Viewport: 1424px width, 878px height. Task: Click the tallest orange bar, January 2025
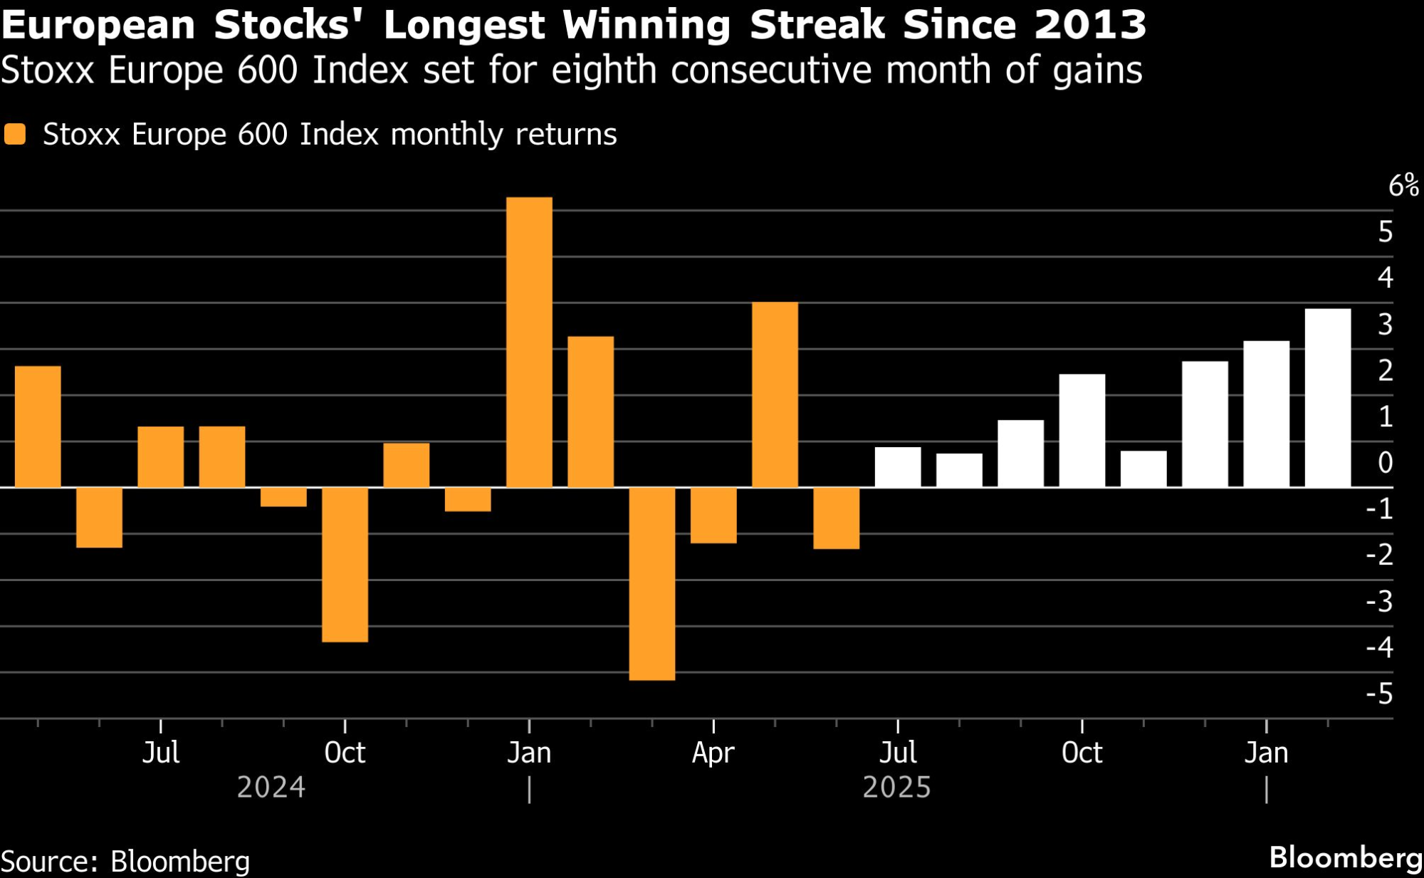[529, 342]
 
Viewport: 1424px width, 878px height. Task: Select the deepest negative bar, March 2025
[652, 584]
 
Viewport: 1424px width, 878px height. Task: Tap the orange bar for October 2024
[345, 565]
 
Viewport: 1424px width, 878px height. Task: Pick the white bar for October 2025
[1082, 431]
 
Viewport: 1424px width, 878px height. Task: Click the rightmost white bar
[1327, 398]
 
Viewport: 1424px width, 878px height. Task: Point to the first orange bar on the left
[38, 427]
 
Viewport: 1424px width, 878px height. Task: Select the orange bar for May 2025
[775, 395]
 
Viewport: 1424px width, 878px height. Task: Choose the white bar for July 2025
[897, 467]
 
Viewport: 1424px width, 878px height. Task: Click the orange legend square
[15, 134]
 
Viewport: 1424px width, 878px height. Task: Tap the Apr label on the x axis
[713, 753]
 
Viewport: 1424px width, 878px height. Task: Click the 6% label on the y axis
[1403, 186]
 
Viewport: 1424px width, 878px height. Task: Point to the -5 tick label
[1379, 694]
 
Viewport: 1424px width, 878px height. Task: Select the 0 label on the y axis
[1385, 463]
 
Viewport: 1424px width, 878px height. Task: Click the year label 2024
[271, 788]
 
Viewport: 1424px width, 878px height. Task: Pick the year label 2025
[896, 788]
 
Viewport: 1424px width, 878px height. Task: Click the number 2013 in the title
[1089, 25]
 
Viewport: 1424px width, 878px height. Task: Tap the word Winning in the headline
[646, 25]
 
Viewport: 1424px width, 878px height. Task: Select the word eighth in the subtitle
[604, 70]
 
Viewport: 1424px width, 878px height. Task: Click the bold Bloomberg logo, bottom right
[1345, 857]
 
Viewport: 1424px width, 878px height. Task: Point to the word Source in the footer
[48, 862]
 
